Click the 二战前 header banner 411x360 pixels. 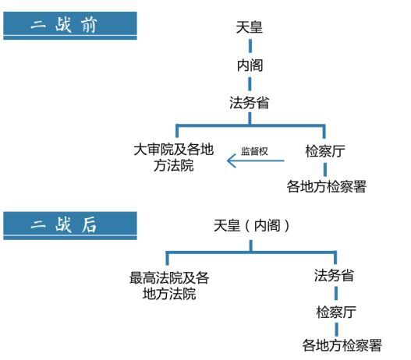click(x=70, y=26)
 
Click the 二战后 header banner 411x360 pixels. click(x=70, y=226)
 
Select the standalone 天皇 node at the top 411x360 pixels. click(x=250, y=27)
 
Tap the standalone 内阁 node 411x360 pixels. click(x=250, y=65)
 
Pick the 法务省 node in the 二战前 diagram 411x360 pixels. click(x=250, y=102)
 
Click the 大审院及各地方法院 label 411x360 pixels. click(x=174, y=157)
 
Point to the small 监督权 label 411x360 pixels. click(x=254, y=151)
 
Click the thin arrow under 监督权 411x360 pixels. click(x=255, y=161)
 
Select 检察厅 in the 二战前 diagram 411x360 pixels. click(x=325, y=151)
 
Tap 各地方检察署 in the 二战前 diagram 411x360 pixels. click(x=326, y=186)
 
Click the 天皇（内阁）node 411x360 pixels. click(x=251, y=225)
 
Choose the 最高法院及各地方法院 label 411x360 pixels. click(x=169, y=285)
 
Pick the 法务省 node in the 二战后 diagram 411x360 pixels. click(x=334, y=275)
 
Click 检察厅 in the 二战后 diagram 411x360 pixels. click(x=336, y=312)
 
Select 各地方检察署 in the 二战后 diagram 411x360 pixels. click(x=342, y=345)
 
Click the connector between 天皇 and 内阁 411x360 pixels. click(x=250, y=46)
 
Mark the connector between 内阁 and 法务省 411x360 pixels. click(x=250, y=84)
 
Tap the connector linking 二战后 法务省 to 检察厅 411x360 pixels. click(x=336, y=293)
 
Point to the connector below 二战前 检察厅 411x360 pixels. click(x=325, y=169)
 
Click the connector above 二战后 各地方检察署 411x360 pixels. click(x=337, y=330)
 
